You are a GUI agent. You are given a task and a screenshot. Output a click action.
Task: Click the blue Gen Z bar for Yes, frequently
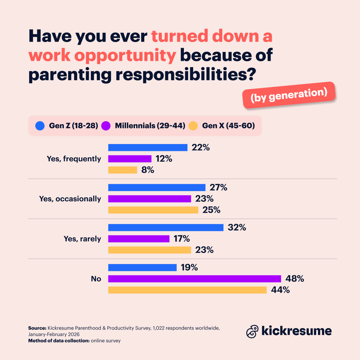click(x=148, y=148)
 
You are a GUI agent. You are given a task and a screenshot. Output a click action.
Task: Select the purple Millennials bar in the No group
click(x=194, y=279)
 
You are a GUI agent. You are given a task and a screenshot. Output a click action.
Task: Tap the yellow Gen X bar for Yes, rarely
click(x=149, y=250)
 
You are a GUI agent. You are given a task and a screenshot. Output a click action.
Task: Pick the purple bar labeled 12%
click(x=130, y=159)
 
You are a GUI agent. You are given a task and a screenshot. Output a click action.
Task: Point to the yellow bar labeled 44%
click(x=187, y=290)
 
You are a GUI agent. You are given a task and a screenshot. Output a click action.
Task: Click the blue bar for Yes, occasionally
click(x=157, y=187)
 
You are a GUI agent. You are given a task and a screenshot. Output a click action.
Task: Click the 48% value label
click(x=295, y=279)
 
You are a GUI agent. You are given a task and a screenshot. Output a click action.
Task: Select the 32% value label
click(x=237, y=227)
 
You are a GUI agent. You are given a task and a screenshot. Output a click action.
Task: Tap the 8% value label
click(x=148, y=170)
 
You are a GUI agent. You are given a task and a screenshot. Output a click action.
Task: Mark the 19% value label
click(x=189, y=267)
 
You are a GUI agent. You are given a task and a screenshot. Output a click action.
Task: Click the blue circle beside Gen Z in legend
click(x=40, y=126)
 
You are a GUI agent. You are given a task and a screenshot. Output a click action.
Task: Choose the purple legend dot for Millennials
click(x=106, y=126)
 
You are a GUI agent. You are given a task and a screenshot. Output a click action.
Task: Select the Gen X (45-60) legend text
click(x=228, y=126)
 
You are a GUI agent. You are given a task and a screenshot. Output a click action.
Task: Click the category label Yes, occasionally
click(x=70, y=199)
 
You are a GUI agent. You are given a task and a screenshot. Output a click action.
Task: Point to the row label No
click(x=96, y=279)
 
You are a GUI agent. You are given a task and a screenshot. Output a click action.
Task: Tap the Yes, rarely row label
click(x=82, y=239)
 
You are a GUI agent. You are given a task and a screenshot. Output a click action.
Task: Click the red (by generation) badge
click(x=289, y=95)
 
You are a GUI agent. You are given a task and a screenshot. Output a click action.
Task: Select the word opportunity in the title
click(x=125, y=55)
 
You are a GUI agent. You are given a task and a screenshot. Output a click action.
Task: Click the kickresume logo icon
click(x=252, y=331)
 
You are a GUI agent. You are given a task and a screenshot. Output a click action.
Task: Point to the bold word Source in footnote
click(x=37, y=328)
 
